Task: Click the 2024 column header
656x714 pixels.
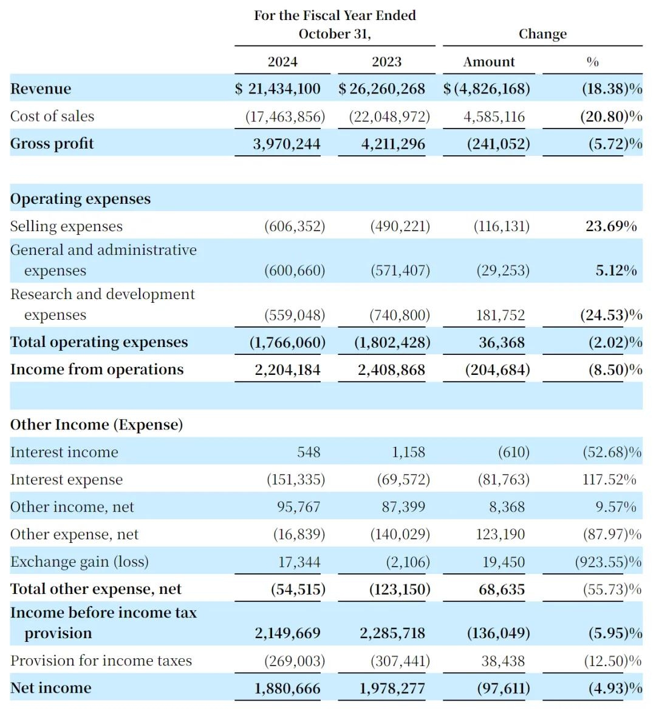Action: click(x=282, y=61)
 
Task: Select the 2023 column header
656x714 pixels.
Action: click(x=386, y=61)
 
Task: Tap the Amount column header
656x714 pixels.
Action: click(x=489, y=61)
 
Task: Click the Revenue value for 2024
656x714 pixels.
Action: click(x=278, y=89)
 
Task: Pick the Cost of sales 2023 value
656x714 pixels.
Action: click(x=389, y=116)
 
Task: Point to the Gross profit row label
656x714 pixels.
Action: click(x=52, y=143)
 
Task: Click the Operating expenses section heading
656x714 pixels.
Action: click(x=80, y=198)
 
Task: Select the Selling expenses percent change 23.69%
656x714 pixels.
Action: click(x=611, y=226)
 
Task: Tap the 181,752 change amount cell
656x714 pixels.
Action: click(x=501, y=315)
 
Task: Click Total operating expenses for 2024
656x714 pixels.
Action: click(x=287, y=342)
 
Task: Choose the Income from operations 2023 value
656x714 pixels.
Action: click(x=391, y=370)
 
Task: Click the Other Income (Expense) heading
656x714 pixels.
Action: click(x=96, y=425)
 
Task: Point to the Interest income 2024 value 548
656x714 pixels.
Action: click(x=309, y=452)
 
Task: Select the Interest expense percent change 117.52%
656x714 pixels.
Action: click(x=609, y=479)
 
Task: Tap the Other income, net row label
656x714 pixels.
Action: click(x=72, y=507)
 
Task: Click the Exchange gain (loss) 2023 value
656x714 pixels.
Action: click(x=408, y=562)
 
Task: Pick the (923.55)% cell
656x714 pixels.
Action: click(x=608, y=562)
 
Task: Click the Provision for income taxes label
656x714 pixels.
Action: click(x=101, y=661)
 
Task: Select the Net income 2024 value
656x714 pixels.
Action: click(x=287, y=689)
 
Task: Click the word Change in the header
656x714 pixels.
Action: click(x=542, y=34)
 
